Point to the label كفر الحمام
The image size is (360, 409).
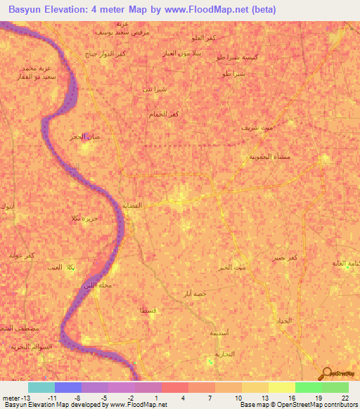pos(163,114)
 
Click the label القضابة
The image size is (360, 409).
pos(134,205)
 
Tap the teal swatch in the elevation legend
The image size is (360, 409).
pos(41,387)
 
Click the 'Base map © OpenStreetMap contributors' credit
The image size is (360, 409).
pos(297,405)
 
